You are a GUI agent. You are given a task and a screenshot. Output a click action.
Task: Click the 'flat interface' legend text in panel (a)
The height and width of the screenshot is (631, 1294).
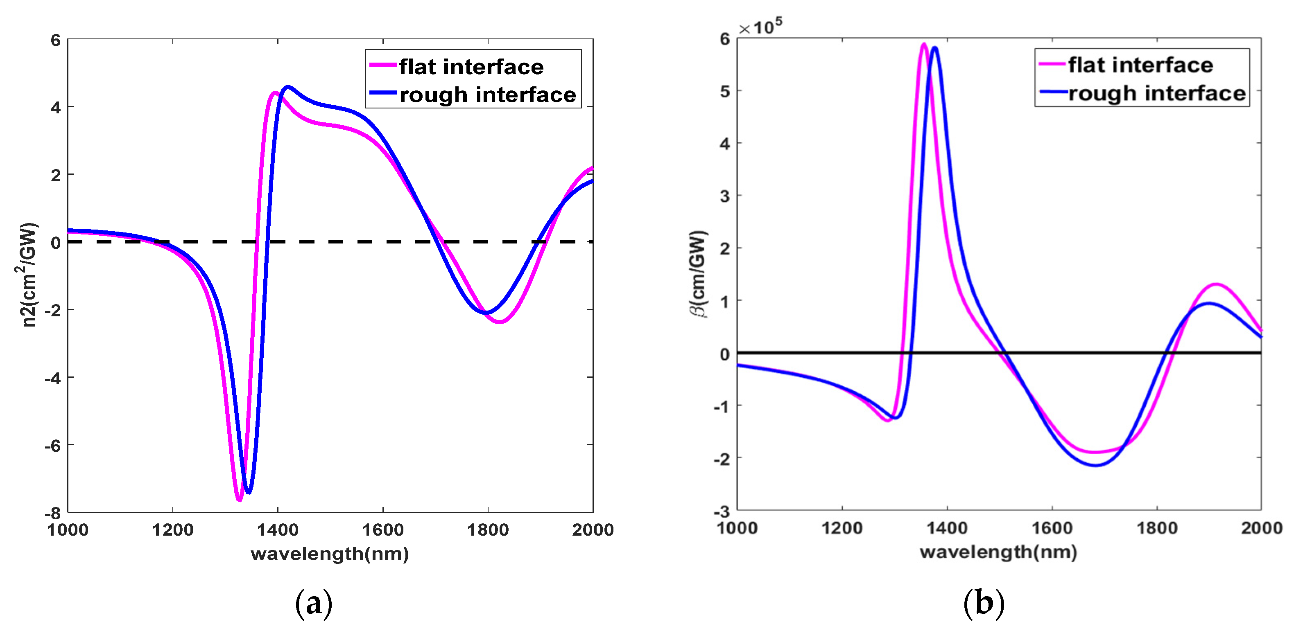click(471, 67)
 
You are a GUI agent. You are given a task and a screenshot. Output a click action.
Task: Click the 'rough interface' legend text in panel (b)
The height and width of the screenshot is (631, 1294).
click(1157, 93)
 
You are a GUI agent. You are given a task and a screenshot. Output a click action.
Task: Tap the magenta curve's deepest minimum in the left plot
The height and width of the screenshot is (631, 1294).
click(239, 500)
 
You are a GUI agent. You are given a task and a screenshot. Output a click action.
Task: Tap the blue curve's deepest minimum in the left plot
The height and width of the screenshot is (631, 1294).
click(248, 492)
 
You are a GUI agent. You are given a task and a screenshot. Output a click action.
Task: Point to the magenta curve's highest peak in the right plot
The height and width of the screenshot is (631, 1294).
click(924, 45)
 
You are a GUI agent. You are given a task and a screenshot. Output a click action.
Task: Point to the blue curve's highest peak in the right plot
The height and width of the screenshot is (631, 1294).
click(934, 48)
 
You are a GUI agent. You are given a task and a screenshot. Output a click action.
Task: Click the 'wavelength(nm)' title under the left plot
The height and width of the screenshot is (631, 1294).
click(330, 554)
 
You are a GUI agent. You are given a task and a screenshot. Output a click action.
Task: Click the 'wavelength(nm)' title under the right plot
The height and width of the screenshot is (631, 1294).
click(998, 552)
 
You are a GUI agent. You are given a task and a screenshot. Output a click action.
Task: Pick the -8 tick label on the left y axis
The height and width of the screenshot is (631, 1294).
click(53, 512)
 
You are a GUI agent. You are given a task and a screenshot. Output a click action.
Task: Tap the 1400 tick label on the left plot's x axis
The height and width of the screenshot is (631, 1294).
click(277, 530)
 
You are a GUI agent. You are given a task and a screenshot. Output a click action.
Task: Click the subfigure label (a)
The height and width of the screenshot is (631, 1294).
click(313, 602)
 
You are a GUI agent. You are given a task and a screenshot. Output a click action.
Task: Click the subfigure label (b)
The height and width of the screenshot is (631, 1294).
click(984, 602)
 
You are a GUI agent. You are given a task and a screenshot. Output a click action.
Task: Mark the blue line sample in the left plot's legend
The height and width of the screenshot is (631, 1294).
click(383, 92)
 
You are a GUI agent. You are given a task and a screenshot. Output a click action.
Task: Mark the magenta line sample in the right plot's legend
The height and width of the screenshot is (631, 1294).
click(1052, 64)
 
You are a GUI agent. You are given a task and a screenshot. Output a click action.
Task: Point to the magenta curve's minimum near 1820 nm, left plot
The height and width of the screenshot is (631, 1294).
click(499, 322)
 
